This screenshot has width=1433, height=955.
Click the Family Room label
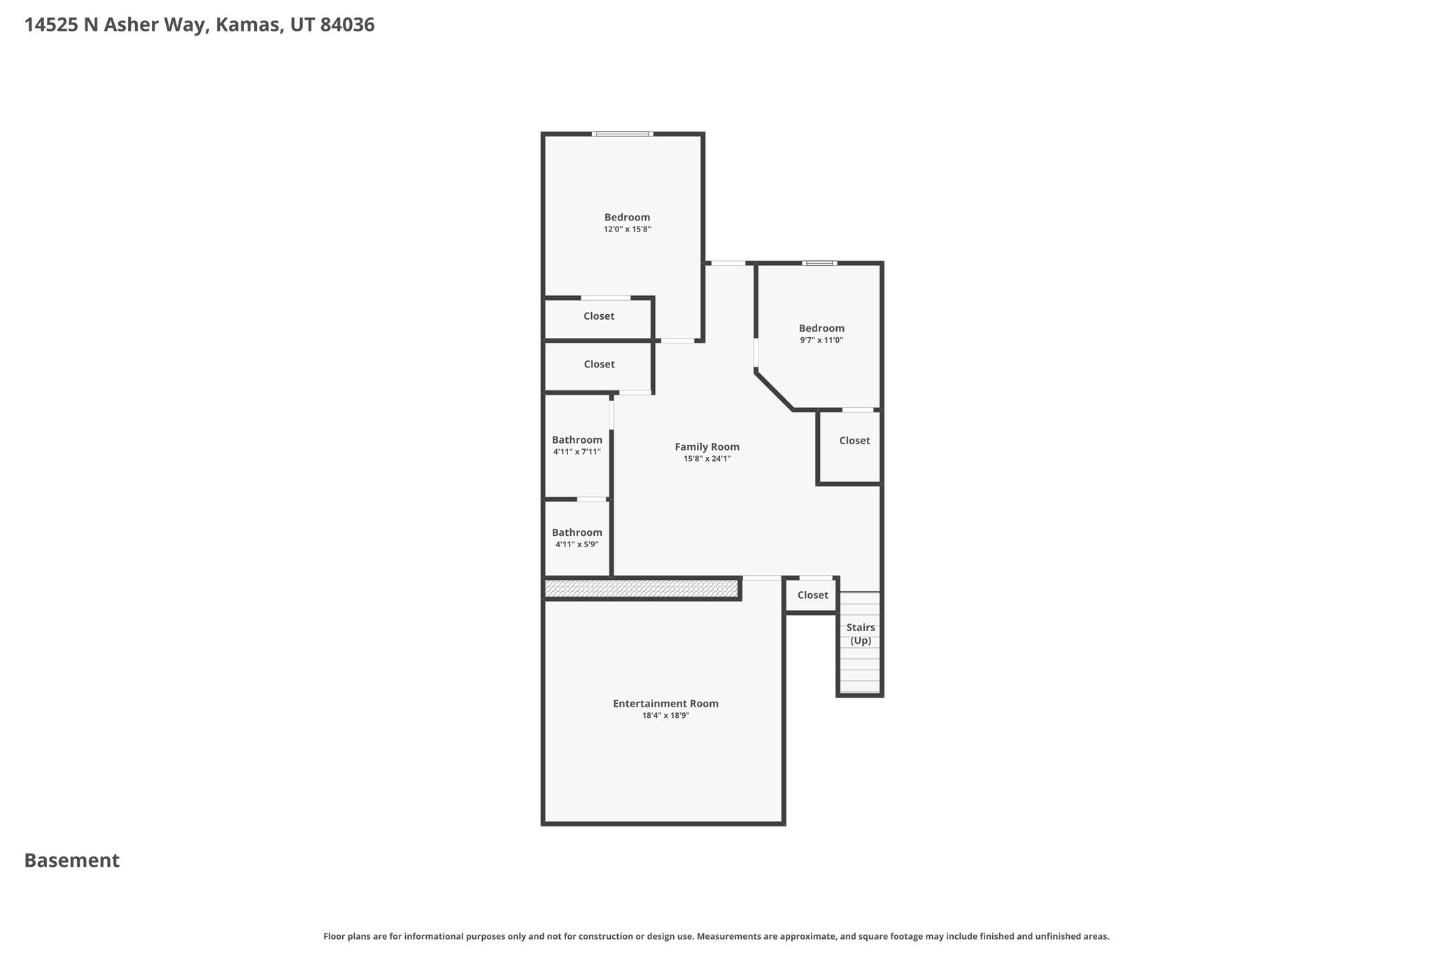(707, 447)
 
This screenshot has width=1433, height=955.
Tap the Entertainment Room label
(665, 704)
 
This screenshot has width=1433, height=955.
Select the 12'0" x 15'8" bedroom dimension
(628, 229)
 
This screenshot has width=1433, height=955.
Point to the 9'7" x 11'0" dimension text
(821, 341)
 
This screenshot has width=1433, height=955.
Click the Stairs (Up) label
(861, 634)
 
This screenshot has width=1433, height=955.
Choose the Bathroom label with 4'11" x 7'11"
(577, 440)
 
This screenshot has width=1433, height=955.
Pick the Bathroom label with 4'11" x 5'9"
(577, 532)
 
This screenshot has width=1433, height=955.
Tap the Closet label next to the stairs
(812, 595)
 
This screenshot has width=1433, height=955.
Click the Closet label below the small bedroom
(854, 441)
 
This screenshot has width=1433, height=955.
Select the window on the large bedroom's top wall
(622, 134)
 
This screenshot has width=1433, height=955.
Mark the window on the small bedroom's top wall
(819, 263)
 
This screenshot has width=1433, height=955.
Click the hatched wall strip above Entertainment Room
(642, 589)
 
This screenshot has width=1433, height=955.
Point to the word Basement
(72, 861)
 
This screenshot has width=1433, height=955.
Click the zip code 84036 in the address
(347, 25)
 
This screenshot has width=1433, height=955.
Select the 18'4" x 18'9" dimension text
(665, 716)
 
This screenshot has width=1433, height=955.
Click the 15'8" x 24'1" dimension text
(707, 459)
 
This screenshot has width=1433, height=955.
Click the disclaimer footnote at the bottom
(716, 936)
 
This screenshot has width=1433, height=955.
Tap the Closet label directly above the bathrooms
(599, 365)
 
